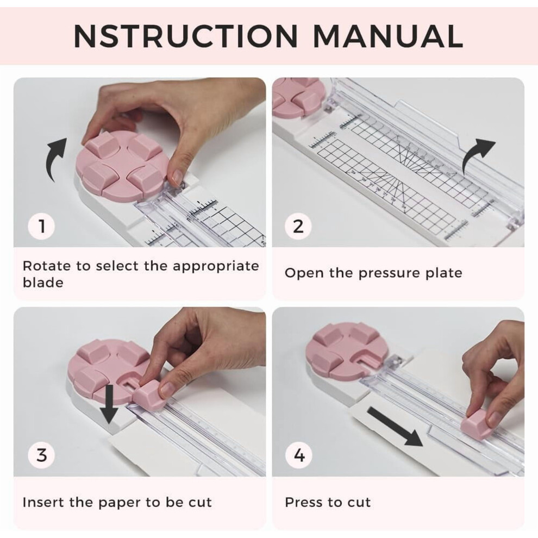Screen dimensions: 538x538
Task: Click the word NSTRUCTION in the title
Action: click(186, 36)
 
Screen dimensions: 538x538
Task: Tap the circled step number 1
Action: click(41, 226)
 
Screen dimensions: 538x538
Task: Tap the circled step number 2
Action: click(298, 226)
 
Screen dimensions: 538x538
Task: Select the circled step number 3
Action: click(41, 455)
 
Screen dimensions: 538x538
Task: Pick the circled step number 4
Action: click(299, 455)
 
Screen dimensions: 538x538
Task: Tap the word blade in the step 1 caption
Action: click(43, 283)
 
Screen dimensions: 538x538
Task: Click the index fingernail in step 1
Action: click(177, 177)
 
